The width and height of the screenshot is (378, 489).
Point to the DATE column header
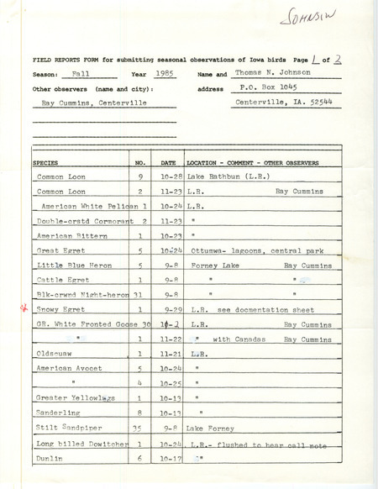coord(168,160)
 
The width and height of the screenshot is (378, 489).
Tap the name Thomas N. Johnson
coord(274,75)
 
